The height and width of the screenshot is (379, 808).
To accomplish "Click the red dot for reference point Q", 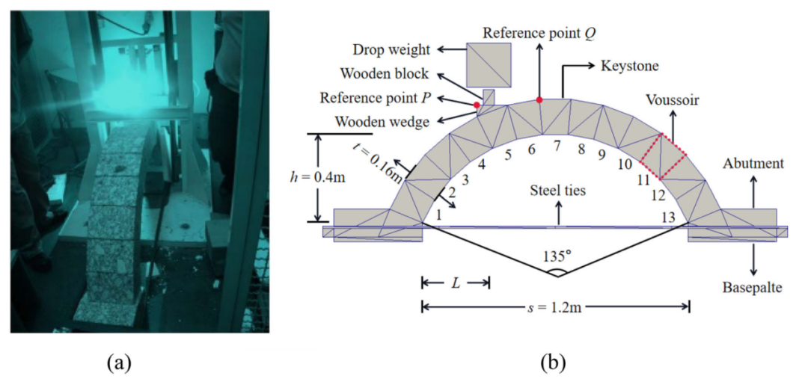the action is [539, 99].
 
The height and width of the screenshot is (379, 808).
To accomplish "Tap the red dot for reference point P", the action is [477, 105].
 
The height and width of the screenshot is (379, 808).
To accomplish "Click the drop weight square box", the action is [489, 65].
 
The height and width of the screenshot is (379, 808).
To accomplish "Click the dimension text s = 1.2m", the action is [555, 307].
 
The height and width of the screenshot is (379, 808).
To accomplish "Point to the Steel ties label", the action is [558, 191].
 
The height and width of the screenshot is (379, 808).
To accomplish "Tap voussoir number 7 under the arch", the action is [557, 147].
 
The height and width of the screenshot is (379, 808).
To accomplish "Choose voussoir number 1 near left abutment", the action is [438, 215].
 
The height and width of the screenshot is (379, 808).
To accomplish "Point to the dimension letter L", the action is [455, 282].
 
